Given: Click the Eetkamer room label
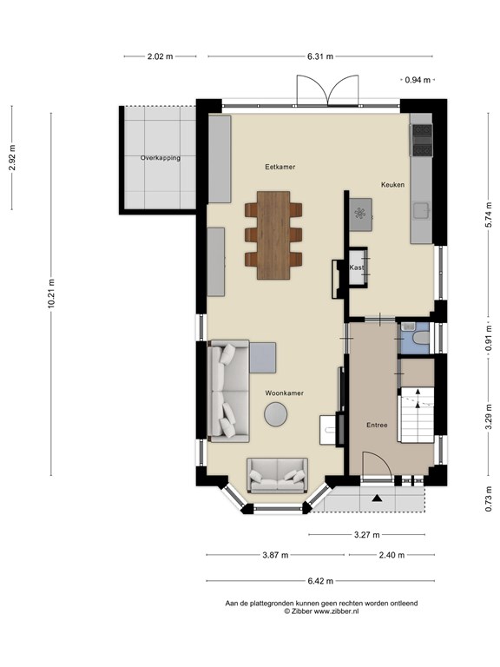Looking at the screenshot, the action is point(280,167).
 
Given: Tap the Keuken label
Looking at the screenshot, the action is point(392,185).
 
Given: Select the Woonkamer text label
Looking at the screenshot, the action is point(285,393).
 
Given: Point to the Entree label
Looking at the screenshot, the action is point(377,425).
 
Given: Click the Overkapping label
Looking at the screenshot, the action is point(161,158).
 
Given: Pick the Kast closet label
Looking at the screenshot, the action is point(356,267).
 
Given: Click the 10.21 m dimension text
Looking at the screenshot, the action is point(51,294).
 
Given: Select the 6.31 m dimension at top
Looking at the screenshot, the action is point(320,56).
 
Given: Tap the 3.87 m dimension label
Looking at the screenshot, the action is point(275,555).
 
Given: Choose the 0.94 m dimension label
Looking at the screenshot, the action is point(418,80).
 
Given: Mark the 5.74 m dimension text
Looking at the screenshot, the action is point(489,217).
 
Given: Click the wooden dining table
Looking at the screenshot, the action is point(273,235).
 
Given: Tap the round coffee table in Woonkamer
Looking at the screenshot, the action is point(275,414).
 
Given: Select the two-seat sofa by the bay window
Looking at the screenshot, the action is point(278,475).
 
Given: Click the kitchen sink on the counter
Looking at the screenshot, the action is point(422,209).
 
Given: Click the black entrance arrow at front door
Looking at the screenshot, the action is point(376,499).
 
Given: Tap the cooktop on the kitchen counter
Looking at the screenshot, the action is point(421,140).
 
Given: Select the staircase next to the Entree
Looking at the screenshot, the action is point(417,415).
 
